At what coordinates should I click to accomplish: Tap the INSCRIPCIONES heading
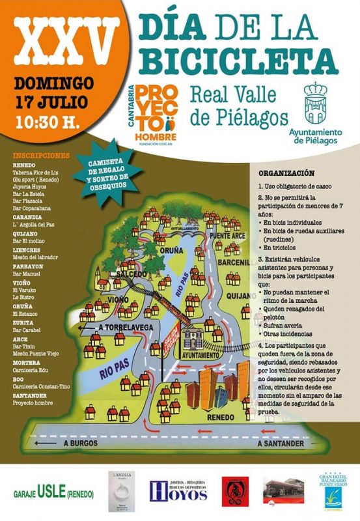[40, 156]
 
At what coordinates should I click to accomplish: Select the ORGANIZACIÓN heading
[287, 174]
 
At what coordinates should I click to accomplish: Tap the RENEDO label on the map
[220, 417]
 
